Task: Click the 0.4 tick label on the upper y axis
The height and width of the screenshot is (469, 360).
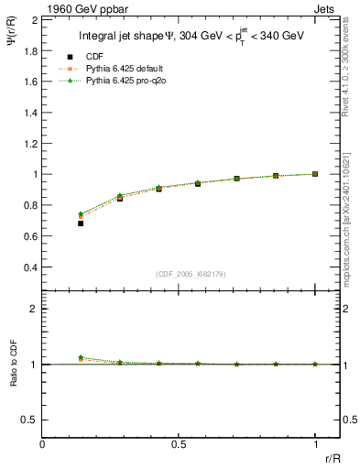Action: [x=29, y=267]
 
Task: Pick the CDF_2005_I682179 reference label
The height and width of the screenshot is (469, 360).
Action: [x=191, y=274]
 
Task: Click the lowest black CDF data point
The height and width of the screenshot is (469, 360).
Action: [x=81, y=223]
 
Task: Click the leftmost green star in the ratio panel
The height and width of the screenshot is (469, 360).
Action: [x=81, y=358]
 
